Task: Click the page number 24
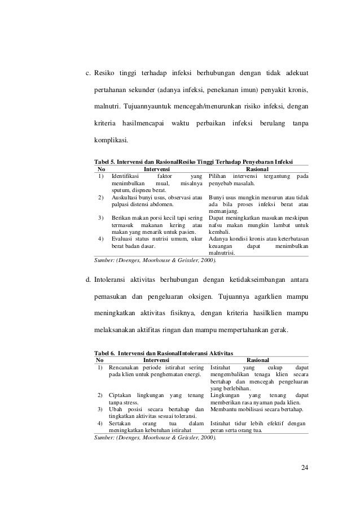pyautogui.click(x=305, y=467)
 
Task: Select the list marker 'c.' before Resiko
pyautogui.click(x=88, y=73)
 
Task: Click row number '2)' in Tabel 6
pyautogui.click(x=100, y=395)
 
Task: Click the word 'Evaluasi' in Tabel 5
pyautogui.click(x=122, y=238)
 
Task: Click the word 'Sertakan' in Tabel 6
pyautogui.click(x=120, y=423)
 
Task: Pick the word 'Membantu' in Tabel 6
pyautogui.click(x=223, y=409)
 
